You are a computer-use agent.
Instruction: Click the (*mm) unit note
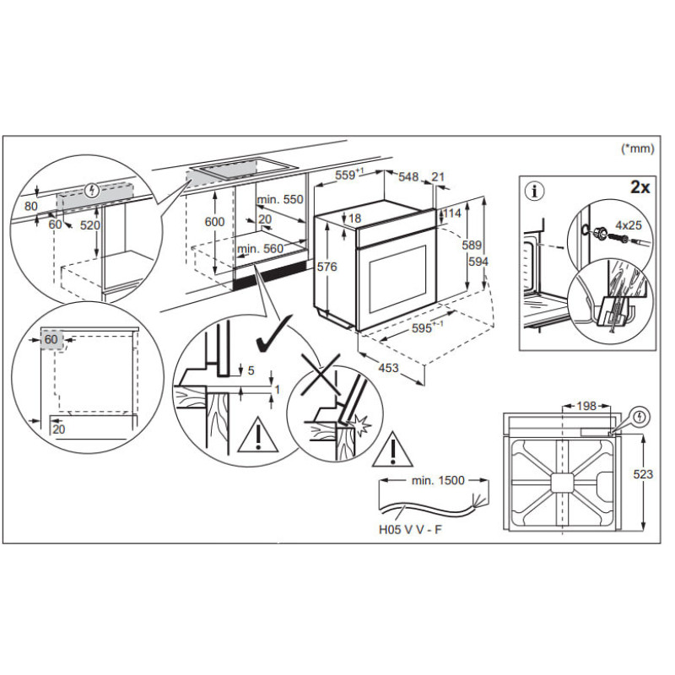click(x=637, y=148)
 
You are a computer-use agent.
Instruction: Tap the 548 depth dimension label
click(x=408, y=176)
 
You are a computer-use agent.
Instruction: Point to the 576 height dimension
click(x=327, y=267)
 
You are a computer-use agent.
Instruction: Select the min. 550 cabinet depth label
click(x=280, y=199)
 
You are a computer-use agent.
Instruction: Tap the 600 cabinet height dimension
click(x=215, y=221)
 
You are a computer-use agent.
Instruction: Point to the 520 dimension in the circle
click(x=90, y=225)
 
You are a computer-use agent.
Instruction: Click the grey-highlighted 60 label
click(x=52, y=339)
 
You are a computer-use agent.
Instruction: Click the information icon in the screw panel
click(x=531, y=191)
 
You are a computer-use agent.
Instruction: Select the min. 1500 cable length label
click(x=438, y=480)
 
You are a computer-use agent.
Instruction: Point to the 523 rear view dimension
click(x=643, y=475)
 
